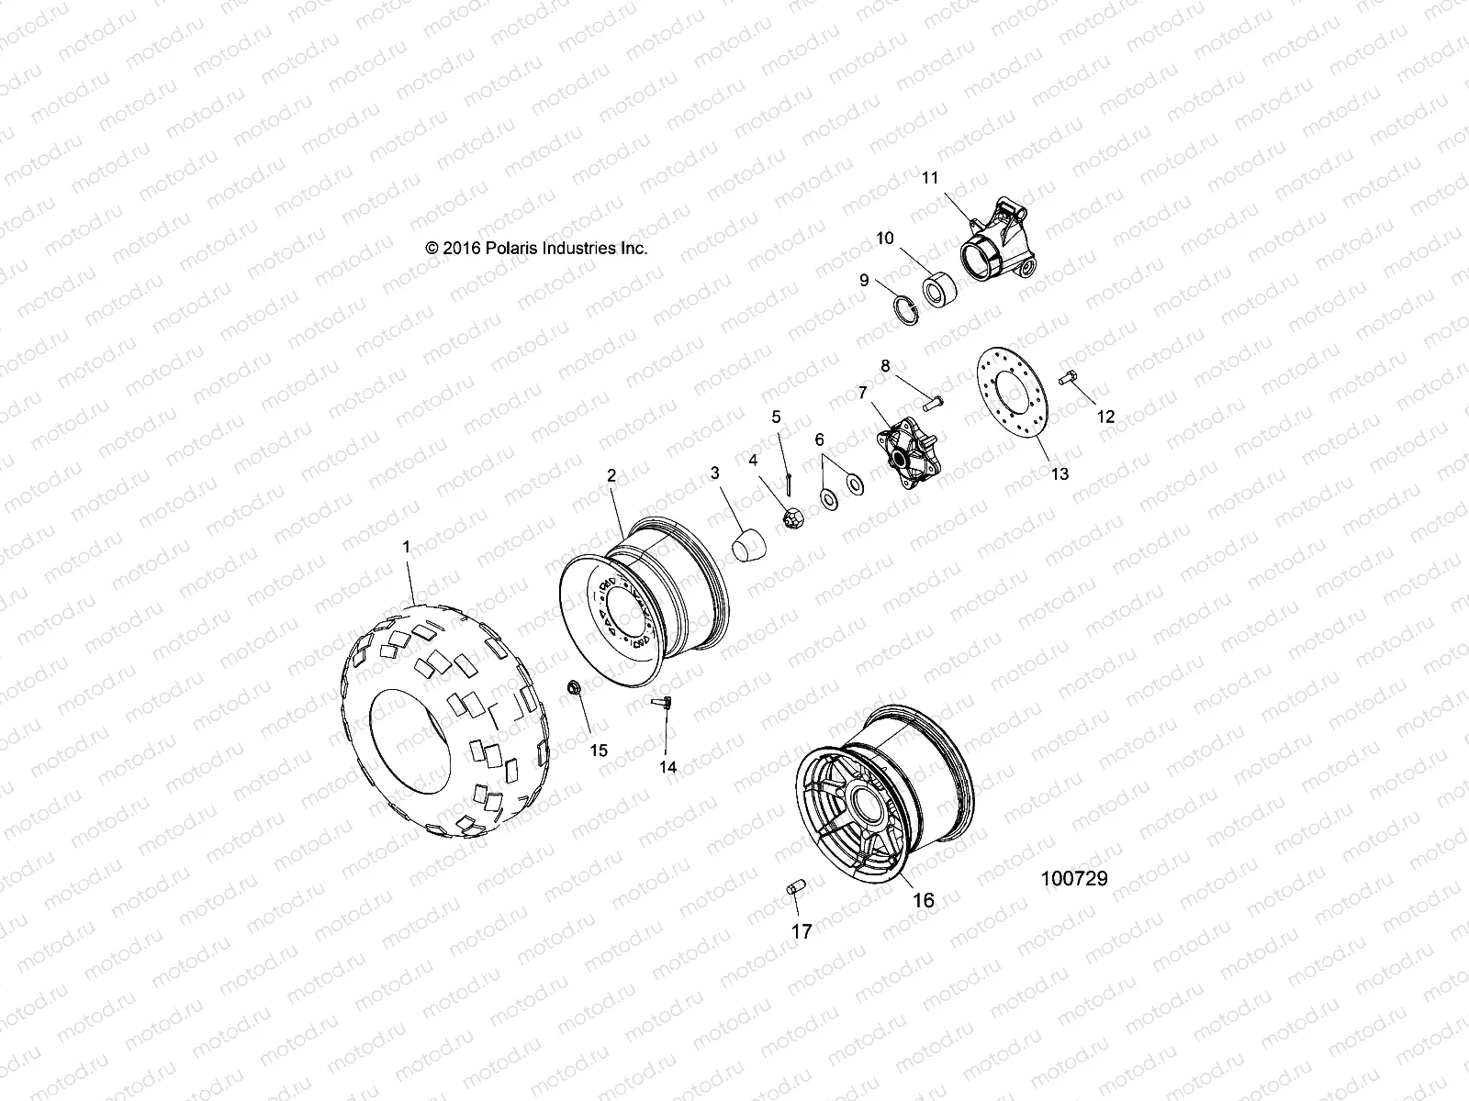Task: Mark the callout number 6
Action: [819, 439]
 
